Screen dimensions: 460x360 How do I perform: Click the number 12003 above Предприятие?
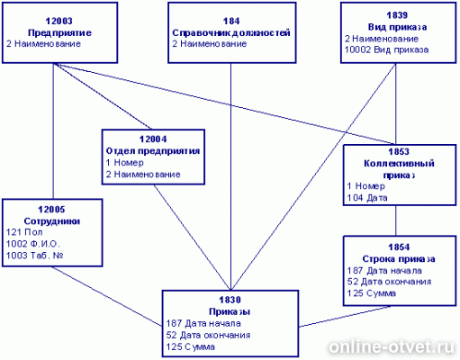59,21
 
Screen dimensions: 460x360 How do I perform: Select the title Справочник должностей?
231,32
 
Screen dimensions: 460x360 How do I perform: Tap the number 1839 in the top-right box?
397,15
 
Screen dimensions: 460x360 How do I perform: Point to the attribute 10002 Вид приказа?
386,49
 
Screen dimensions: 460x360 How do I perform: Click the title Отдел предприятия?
153,151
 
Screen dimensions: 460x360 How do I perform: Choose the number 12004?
153,139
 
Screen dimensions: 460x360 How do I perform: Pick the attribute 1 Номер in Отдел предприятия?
125,163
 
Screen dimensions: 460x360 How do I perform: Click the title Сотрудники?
52,221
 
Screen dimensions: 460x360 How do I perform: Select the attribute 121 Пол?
24,232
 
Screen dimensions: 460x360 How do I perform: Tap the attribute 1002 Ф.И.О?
33,244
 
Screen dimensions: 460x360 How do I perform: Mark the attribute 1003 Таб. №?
35,256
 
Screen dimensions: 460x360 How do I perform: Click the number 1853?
399,152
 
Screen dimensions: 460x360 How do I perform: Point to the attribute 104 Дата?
367,198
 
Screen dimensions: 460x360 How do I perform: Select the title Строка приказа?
399,259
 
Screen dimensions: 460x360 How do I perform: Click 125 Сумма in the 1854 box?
372,293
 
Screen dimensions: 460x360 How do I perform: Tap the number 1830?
230,300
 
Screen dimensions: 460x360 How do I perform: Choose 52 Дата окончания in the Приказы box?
208,335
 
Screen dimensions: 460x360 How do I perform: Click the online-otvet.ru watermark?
392,347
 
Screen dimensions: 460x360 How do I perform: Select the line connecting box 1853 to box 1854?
395,220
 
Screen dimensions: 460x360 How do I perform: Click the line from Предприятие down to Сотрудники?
53,131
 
